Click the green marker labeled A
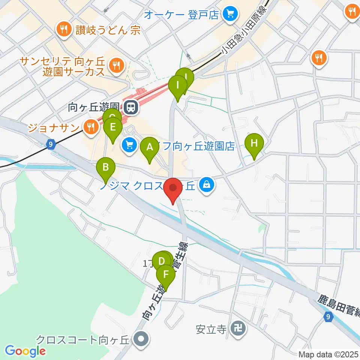[x=150, y=147]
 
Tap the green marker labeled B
[x=106, y=166]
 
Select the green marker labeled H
[x=254, y=143]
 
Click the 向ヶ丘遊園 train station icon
[x=131, y=108]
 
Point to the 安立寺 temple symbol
[x=238, y=329]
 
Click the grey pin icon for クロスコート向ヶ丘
[x=141, y=339]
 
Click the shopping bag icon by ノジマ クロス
[x=206, y=184]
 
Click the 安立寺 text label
[x=211, y=329]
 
